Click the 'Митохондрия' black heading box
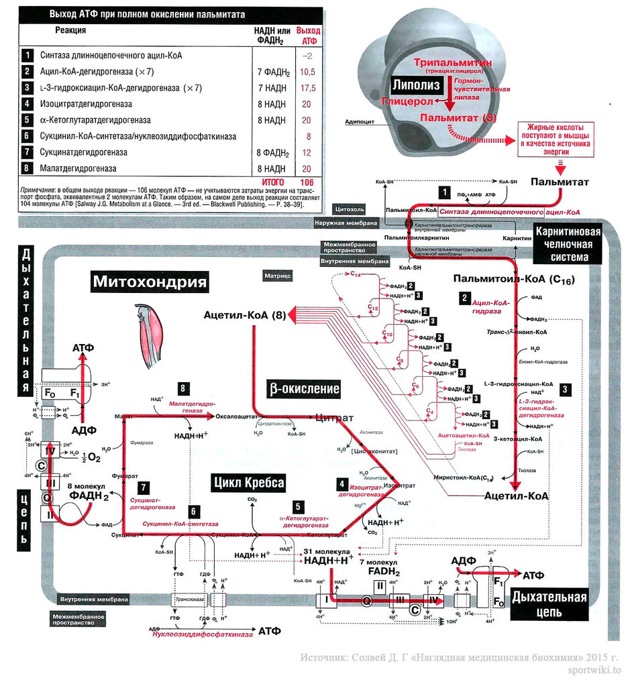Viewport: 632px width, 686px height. point(150,280)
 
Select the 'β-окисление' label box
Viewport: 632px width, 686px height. point(304,388)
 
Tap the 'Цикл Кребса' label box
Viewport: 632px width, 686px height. point(249,482)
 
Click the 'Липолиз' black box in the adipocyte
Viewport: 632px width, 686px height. point(417,85)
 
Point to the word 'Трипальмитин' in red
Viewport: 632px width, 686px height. point(454,62)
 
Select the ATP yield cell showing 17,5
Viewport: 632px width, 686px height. point(308,88)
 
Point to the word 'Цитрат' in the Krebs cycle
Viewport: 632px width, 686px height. point(334,418)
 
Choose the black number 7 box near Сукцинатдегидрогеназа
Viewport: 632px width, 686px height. point(144,487)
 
